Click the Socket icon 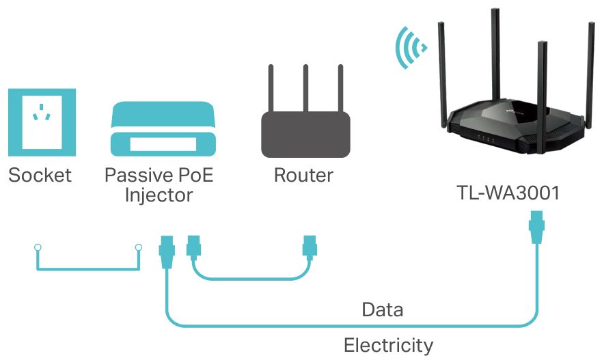tap(42, 122)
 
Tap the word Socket tap(40, 175)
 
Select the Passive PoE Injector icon tap(163, 128)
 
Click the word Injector tap(159, 195)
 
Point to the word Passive tap(133, 175)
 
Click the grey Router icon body tap(305, 135)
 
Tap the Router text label tap(303, 175)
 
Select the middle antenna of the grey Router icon tap(305, 88)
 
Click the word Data tap(383, 309)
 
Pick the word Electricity tap(389, 345)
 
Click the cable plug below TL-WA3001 tap(536, 227)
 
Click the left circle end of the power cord tap(38, 247)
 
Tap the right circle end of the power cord tap(139, 247)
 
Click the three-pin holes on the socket tap(42, 111)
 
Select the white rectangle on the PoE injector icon tap(163, 144)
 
